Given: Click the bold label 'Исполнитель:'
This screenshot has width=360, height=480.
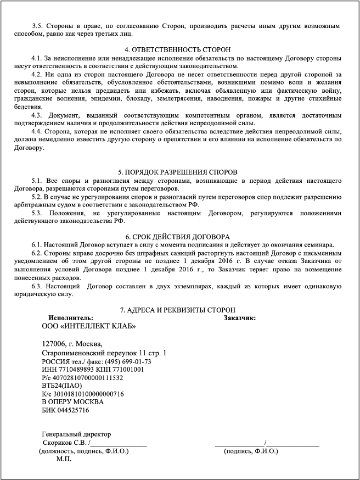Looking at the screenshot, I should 71,317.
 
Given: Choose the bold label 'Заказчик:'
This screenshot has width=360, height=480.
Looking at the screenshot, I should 240,317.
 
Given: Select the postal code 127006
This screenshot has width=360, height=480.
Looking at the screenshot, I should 55,344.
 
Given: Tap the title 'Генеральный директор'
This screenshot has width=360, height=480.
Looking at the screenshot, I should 77,434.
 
